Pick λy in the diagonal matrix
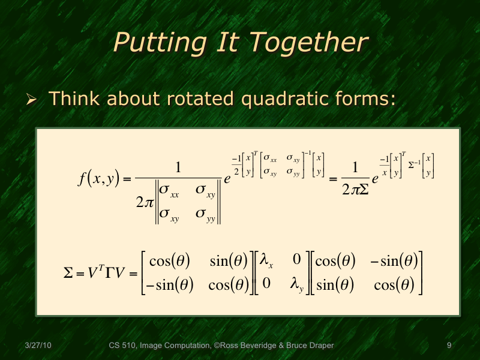coord(297,284)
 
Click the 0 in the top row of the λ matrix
coord(296,261)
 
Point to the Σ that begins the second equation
coord(68,273)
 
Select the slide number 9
coord(449,346)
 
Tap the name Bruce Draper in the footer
coord(310,346)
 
